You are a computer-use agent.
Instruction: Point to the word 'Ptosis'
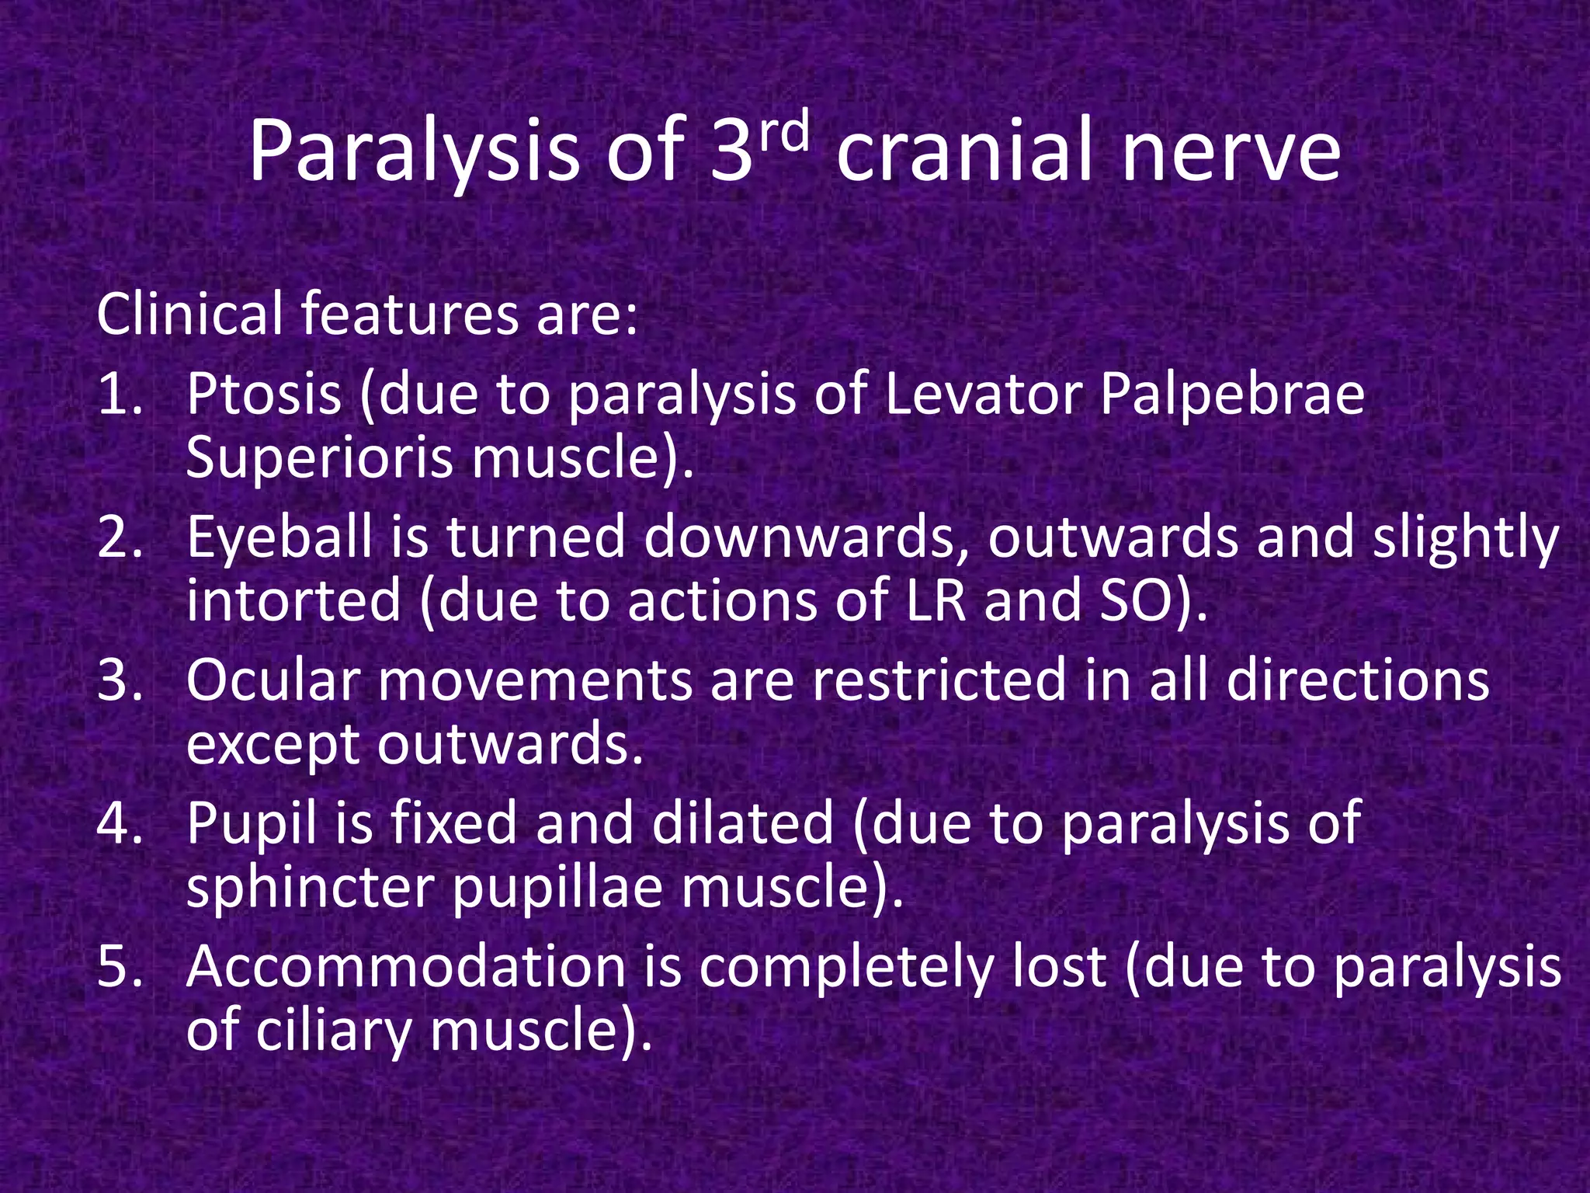pyautogui.click(x=264, y=395)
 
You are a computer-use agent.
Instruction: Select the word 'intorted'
pyautogui.click(x=293, y=603)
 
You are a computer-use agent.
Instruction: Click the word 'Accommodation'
pyautogui.click(x=405, y=968)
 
